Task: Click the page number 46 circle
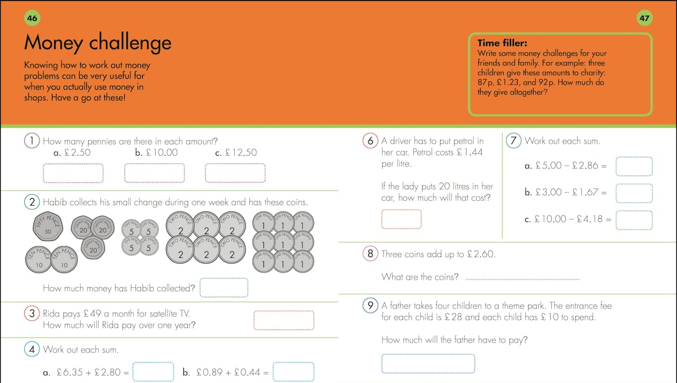click(32, 19)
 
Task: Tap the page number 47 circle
click(644, 19)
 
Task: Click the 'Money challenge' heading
click(97, 43)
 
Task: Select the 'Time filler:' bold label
click(502, 42)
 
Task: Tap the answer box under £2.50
click(73, 173)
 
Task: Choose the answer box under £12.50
click(235, 173)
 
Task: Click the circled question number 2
click(32, 201)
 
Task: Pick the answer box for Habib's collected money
click(224, 288)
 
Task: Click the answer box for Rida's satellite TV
click(284, 320)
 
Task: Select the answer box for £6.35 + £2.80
click(153, 372)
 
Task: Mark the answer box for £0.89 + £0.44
click(293, 372)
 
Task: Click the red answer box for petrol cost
click(401, 219)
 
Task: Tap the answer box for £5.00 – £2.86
click(634, 166)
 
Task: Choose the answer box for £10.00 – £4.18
click(634, 219)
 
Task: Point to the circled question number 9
click(370, 306)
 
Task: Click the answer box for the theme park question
click(428, 363)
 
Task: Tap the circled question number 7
click(513, 141)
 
